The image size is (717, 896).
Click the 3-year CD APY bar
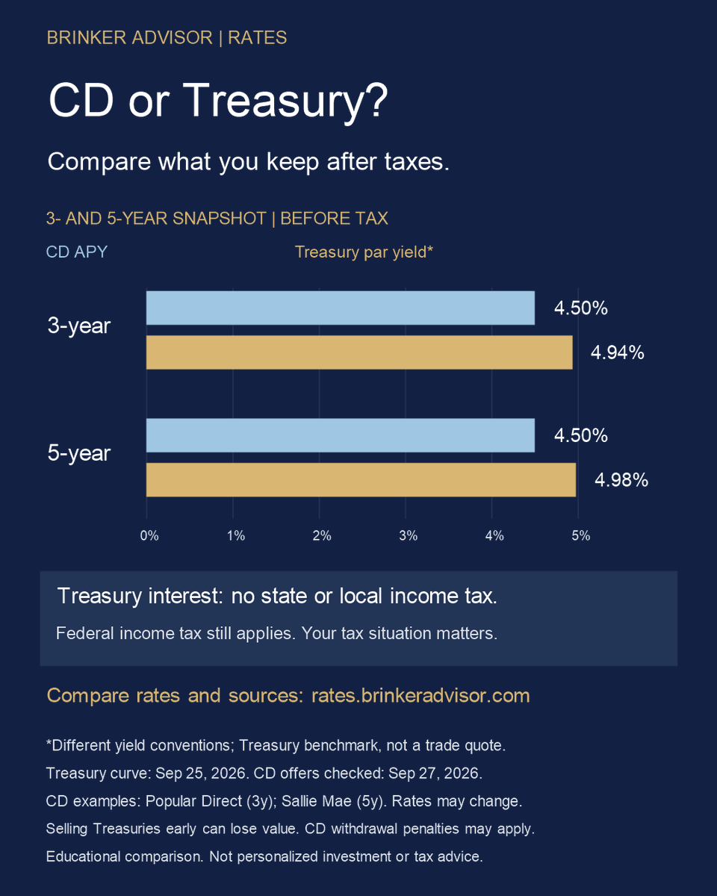(341, 308)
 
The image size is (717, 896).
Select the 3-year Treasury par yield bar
(359, 352)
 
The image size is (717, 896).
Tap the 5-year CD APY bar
(341, 435)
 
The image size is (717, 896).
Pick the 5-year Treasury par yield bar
(361, 479)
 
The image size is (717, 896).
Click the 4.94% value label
(618, 352)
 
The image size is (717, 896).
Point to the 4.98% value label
(621, 480)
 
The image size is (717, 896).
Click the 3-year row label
(78, 326)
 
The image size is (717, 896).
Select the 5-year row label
(78, 453)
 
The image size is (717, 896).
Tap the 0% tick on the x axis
(149, 535)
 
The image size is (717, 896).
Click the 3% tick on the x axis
(409, 535)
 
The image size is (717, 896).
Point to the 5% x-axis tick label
(581, 535)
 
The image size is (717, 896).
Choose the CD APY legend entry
(77, 252)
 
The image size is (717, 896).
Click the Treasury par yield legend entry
(364, 252)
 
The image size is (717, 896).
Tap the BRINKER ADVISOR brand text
(129, 37)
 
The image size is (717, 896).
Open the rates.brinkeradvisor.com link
(420, 696)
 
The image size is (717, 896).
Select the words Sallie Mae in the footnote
(317, 801)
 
